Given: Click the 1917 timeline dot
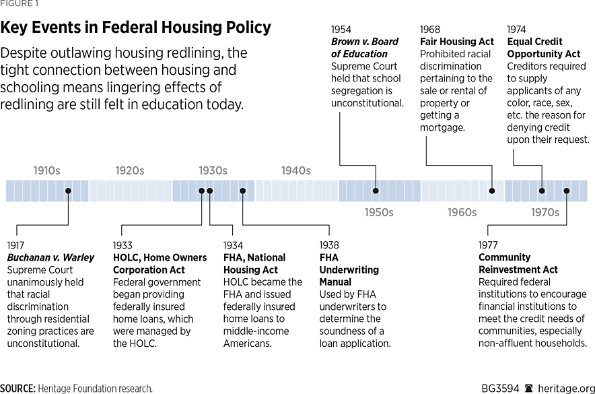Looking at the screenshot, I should click(x=69, y=191).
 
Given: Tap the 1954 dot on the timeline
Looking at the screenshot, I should click(x=376, y=191).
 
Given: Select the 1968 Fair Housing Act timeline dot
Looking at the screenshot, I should click(x=492, y=191).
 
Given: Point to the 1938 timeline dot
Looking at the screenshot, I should click(x=243, y=191).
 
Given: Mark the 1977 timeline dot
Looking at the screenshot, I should click(x=567, y=191).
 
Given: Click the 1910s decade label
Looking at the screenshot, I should click(x=47, y=170).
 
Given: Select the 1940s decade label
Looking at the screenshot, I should click(x=296, y=170).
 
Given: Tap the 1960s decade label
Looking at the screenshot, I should click(x=462, y=212).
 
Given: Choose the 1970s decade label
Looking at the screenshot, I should click(x=545, y=212).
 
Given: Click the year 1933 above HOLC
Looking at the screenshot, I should click(x=123, y=245).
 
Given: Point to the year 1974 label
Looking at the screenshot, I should click(x=516, y=30).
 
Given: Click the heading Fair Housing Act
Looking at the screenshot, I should click(x=456, y=42).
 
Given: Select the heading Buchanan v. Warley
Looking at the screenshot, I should click(x=50, y=257).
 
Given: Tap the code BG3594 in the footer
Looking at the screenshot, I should click(x=499, y=389).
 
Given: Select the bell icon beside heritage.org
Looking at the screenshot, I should click(x=529, y=389).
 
